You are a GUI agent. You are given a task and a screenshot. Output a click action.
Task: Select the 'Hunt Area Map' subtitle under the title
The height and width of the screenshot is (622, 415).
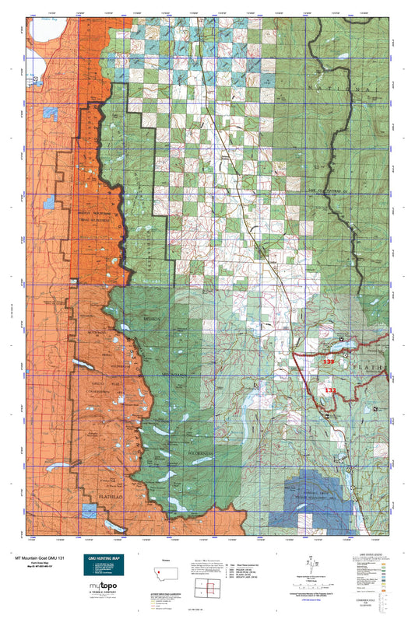pyautogui.click(x=32, y=564)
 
